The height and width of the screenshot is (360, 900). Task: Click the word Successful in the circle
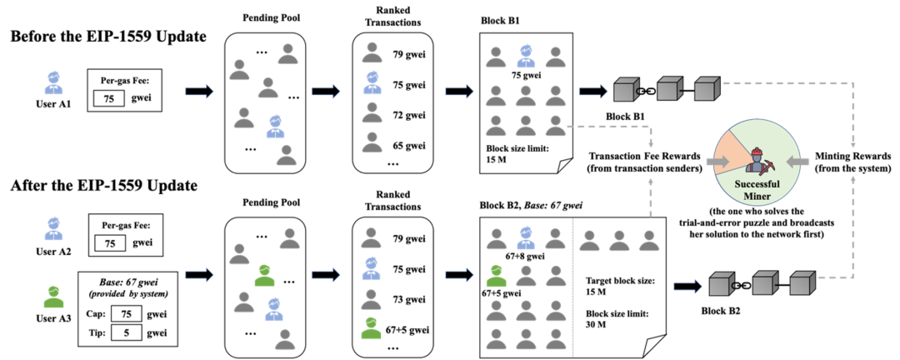pyautogui.click(x=757, y=184)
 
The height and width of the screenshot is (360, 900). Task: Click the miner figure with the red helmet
pyautogui.click(x=757, y=160)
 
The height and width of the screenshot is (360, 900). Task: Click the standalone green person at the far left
pyautogui.click(x=54, y=297)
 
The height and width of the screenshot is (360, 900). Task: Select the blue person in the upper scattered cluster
pyautogui.click(x=276, y=127)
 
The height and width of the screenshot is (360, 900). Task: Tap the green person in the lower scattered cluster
pyautogui.click(x=264, y=275)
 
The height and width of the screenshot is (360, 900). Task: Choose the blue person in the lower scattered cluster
pyautogui.click(x=273, y=309)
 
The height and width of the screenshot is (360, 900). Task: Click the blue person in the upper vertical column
pyautogui.click(x=372, y=82)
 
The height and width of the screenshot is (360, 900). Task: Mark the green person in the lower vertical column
pyautogui.click(x=372, y=327)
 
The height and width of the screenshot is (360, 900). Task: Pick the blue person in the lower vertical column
pyautogui.click(x=372, y=268)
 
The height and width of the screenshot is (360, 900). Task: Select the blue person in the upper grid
pyautogui.click(x=525, y=56)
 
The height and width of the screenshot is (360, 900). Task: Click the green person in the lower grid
pyautogui.click(x=496, y=275)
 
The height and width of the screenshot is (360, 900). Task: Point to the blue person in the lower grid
pyautogui.click(x=525, y=237)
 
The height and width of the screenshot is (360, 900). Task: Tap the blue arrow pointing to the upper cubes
pyautogui.click(x=593, y=90)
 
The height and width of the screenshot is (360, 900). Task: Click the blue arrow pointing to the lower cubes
pyautogui.click(x=687, y=287)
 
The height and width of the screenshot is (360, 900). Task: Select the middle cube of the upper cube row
pyautogui.click(x=670, y=89)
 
